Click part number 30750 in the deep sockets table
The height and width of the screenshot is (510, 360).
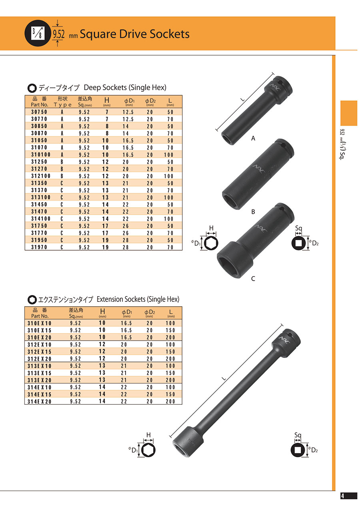(39, 112)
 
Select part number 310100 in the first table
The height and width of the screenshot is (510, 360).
(41, 155)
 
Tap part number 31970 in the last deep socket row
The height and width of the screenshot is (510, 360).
(39, 247)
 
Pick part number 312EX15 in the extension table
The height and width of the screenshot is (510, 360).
(39, 352)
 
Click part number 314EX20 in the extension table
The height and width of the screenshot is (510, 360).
(39, 402)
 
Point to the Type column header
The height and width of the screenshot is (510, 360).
(62, 105)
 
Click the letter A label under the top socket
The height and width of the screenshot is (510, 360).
(253, 138)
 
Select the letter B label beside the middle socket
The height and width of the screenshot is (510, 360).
(253, 212)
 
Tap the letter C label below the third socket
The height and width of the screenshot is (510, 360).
(253, 279)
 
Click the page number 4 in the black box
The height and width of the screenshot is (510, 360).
(342, 496)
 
